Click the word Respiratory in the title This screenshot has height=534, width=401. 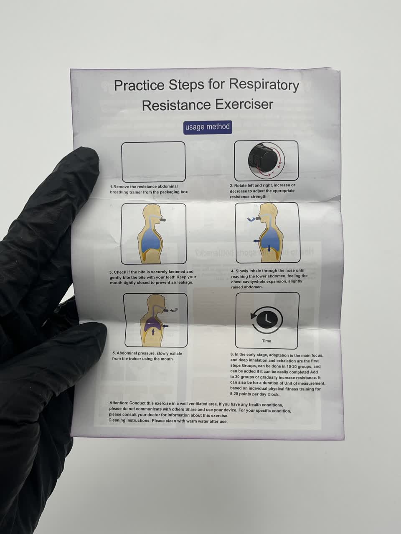[264, 86]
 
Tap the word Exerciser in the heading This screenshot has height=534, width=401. [244, 105]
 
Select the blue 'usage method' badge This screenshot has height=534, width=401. [208, 127]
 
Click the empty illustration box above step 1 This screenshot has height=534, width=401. [153, 162]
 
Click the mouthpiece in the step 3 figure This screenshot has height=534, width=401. [162, 220]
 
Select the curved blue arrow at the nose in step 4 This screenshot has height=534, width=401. [251, 219]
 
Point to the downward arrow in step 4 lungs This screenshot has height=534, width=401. [269, 249]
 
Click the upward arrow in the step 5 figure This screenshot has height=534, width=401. [153, 332]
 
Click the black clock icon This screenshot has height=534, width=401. [267, 319]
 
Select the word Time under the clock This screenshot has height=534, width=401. [266, 341]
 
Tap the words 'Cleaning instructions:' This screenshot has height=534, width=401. [129, 420]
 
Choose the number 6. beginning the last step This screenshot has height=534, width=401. [232, 355]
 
